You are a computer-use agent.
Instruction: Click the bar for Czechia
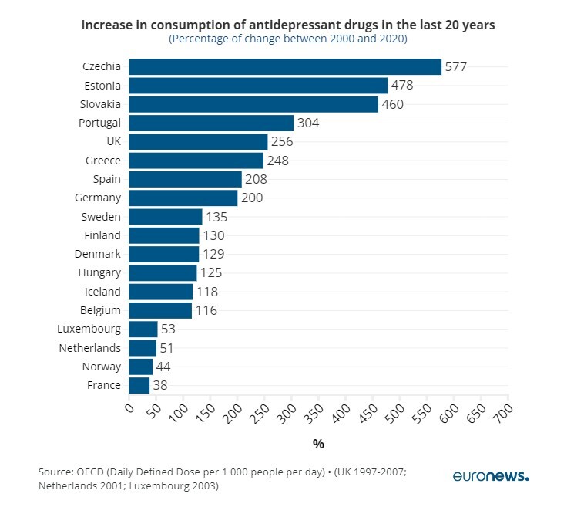pos(284,67)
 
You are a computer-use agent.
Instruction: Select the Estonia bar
pos(257,86)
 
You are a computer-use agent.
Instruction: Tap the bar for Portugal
pos(210,123)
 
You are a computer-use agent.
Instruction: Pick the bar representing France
pos(139,385)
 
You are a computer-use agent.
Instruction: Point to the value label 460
pos(393,104)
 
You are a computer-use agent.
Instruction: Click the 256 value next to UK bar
pos(283,142)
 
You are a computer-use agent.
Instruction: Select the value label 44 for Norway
pos(163,367)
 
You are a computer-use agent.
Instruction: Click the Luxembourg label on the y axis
pos(89,329)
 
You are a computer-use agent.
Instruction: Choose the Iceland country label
pos(102,292)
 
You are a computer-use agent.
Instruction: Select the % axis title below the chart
pos(318,444)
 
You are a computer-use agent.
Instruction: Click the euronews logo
pos(491,476)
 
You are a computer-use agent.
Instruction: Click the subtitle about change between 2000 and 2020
pos(287,39)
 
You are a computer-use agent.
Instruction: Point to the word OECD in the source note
pos(92,472)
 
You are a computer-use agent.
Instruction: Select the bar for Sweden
pos(165,217)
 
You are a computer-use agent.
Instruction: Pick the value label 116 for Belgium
pos(206,310)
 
